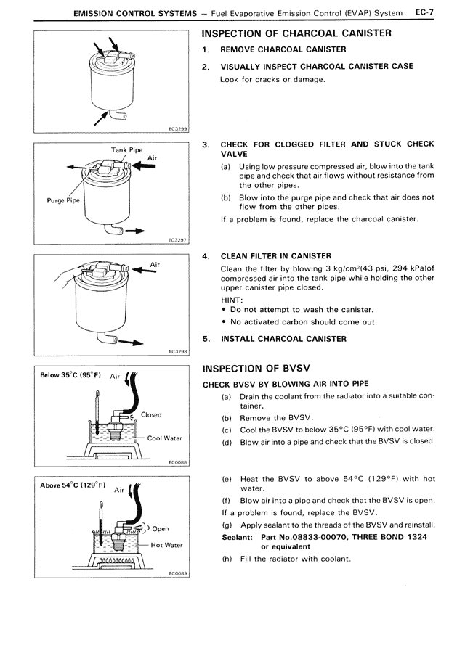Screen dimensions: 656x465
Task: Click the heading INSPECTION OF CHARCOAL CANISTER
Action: pos(296,33)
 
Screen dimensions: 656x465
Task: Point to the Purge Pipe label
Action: pos(64,201)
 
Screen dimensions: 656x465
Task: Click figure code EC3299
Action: pos(177,128)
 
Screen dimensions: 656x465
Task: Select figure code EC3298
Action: pos(177,351)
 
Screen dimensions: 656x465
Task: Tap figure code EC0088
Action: pos(177,461)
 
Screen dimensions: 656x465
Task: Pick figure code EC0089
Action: pos(177,573)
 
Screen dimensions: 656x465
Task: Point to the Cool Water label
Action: pos(164,438)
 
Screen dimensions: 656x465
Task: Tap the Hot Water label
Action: pos(166,545)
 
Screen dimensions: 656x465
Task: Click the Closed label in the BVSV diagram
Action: pos(151,415)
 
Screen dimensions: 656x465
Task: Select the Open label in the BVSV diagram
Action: pos(160,529)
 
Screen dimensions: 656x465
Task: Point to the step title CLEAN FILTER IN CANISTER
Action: pos(275,255)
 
